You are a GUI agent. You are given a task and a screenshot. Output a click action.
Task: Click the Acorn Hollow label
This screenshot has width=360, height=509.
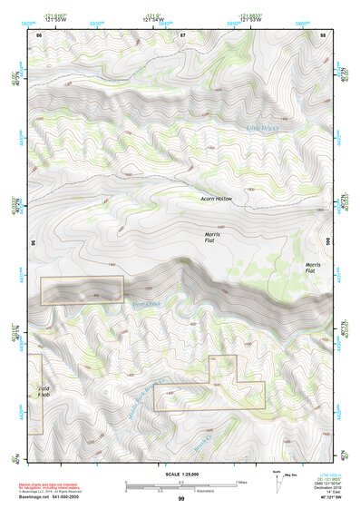pos(218,198)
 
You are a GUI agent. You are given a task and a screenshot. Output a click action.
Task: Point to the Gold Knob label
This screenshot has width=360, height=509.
pos(44,393)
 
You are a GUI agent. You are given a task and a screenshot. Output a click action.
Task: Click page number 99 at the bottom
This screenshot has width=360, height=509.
pos(181,500)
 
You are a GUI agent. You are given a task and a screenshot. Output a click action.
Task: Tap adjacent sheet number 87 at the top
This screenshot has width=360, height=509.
pos(182,34)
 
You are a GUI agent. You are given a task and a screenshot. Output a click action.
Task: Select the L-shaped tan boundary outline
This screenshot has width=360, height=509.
pos(209,386)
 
